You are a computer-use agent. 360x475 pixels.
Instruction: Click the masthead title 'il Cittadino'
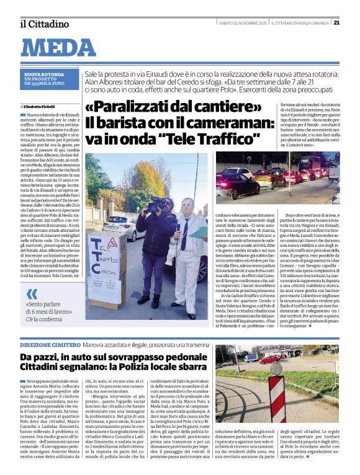tap(43, 24)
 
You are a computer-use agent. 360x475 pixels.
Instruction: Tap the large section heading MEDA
tap(63, 48)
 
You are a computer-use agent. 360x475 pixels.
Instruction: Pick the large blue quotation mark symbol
tap(32, 295)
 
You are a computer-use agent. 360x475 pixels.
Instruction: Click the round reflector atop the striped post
tap(276, 369)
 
